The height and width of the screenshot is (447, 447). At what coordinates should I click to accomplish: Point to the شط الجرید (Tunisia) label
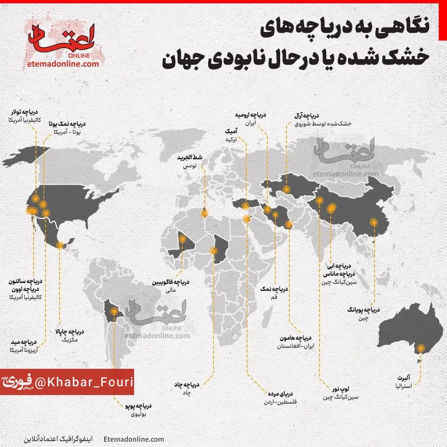192,158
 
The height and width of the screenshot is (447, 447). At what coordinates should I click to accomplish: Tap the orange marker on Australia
421,348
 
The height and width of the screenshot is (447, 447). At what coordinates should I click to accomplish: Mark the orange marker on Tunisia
204,214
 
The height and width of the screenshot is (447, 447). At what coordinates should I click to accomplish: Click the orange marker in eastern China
374,222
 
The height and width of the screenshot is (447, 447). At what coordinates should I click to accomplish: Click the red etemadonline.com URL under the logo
62,64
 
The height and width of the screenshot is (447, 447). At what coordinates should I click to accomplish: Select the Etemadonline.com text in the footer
134,439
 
